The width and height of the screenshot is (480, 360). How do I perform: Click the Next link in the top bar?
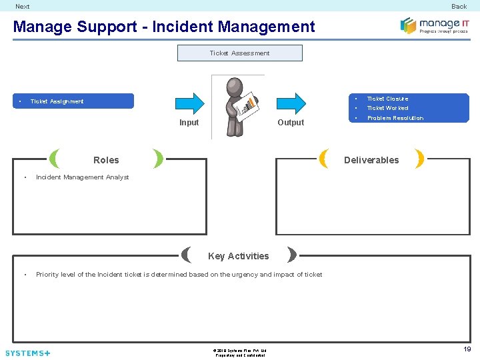(23, 7)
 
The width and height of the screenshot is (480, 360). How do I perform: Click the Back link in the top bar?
(459, 7)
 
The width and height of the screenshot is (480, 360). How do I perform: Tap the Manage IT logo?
(434, 25)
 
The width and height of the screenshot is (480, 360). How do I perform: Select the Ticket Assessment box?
(239, 53)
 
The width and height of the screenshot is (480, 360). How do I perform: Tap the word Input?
(189, 123)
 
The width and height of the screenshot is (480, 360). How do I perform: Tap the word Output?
(291, 123)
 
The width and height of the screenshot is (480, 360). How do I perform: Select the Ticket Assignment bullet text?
(57, 101)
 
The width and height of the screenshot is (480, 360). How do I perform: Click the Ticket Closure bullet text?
(387, 99)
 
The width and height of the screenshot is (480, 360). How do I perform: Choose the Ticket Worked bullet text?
(387, 108)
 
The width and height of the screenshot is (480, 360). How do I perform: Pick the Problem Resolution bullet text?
(395, 118)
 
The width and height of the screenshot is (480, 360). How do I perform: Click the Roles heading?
(106, 160)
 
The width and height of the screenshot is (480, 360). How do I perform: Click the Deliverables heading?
(371, 160)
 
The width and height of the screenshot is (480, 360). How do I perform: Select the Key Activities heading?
(239, 256)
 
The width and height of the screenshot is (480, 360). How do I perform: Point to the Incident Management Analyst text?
(83, 177)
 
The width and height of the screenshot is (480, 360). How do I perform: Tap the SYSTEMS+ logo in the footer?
(27, 353)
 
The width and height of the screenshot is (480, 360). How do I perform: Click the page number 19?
(467, 349)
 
